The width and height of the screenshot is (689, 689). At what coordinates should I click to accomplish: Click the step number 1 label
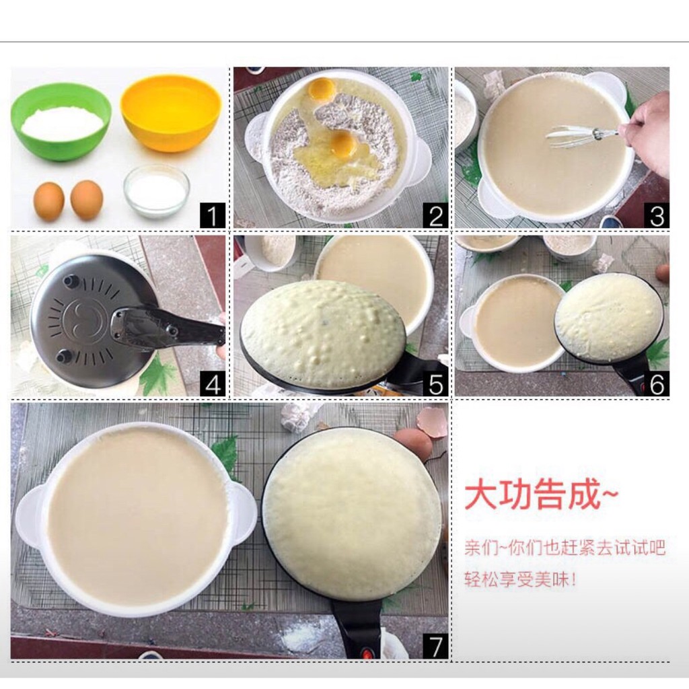point(213,215)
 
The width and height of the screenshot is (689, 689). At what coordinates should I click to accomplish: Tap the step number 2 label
point(435,215)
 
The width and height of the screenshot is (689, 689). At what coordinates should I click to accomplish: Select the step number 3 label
point(657,215)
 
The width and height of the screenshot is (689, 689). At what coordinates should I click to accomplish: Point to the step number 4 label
point(213,384)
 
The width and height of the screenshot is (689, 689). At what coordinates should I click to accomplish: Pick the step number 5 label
point(435,384)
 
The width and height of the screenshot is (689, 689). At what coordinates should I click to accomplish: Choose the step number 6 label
point(657,384)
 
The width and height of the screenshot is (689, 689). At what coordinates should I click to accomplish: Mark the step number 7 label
point(435,646)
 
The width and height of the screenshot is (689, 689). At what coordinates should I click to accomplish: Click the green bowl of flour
point(61,122)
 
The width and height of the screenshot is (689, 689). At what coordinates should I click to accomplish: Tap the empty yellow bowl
point(170,113)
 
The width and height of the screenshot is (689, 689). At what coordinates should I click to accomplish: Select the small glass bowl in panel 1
point(156,191)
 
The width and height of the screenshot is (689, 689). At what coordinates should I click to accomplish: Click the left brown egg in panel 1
point(48,201)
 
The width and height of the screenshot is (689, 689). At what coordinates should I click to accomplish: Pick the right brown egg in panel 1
point(87,200)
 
